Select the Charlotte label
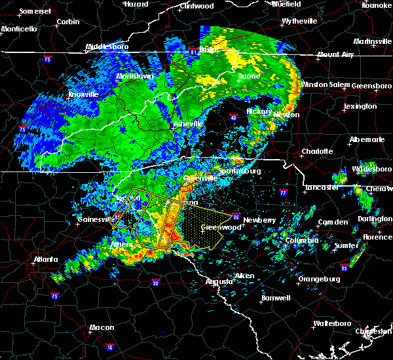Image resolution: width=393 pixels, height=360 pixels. tap(317, 151)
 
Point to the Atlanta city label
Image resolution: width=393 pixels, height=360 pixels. tap(48, 259)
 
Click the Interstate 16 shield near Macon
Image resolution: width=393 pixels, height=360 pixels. tap(109, 345)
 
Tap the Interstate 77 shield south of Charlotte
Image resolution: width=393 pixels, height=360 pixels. tap(283, 194)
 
